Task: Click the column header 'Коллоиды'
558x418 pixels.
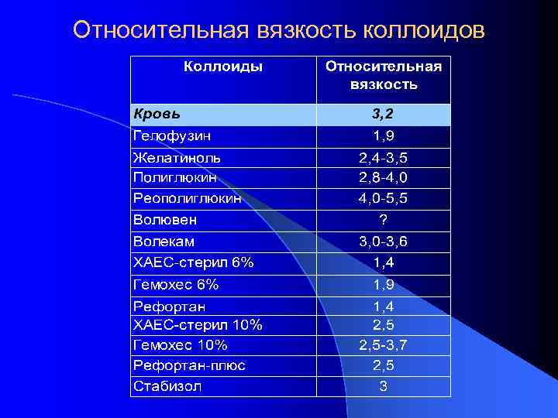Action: [x=223, y=67]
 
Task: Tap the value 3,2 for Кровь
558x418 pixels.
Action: [x=383, y=115]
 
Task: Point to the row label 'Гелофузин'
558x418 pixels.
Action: [x=172, y=136]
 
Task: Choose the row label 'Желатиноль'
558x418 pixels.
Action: [x=177, y=158]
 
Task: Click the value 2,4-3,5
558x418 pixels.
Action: [x=383, y=158]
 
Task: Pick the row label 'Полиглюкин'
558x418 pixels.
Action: [x=174, y=177]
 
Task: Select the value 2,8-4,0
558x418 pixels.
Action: [x=383, y=177]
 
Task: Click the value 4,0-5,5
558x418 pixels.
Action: [x=383, y=198]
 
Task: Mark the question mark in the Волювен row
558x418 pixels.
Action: [x=383, y=220]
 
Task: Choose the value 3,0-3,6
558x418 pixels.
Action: [x=383, y=242]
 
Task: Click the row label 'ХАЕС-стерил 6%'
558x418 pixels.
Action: [x=193, y=262]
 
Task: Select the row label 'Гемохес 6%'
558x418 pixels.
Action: [x=176, y=285]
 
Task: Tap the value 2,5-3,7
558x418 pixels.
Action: [x=383, y=344]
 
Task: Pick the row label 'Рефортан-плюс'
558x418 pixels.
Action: [x=189, y=365]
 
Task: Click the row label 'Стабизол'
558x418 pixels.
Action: [x=167, y=385]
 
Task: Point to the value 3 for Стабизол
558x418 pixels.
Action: [x=383, y=385]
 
